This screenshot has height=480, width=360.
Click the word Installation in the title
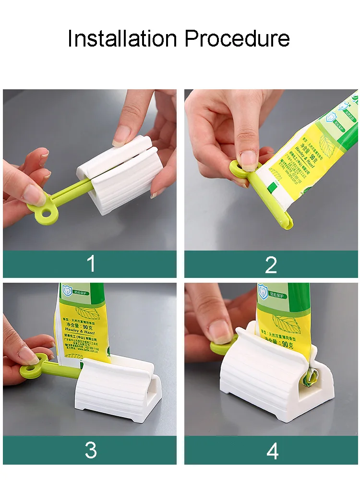(122, 38)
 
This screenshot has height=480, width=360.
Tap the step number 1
(90, 264)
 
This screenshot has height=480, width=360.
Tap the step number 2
(271, 264)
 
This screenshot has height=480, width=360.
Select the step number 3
(90, 450)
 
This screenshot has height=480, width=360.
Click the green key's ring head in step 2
(238, 170)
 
